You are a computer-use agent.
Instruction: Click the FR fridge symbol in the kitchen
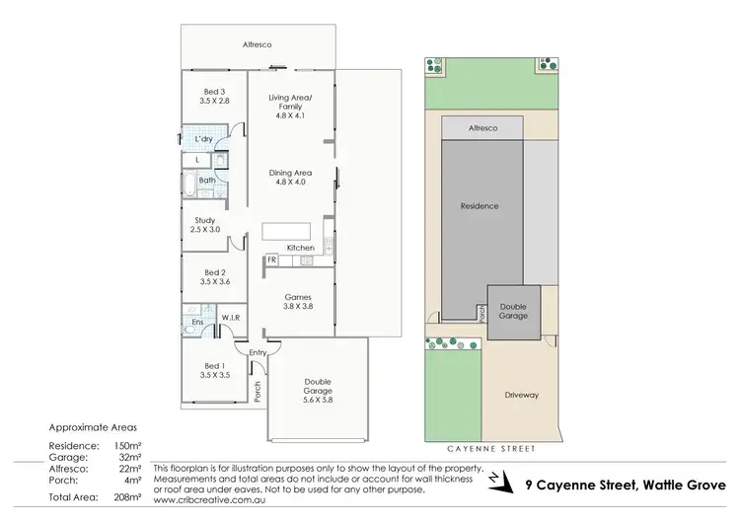[x=270, y=260]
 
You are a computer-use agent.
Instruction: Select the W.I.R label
[x=231, y=317]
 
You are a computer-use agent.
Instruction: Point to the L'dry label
[x=203, y=139]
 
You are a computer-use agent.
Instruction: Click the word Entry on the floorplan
[x=259, y=352]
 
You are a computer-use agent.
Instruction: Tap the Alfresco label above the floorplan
[x=258, y=44]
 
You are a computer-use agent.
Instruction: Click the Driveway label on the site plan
[x=522, y=395]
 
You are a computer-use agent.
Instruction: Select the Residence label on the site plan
[x=480, y=206]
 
